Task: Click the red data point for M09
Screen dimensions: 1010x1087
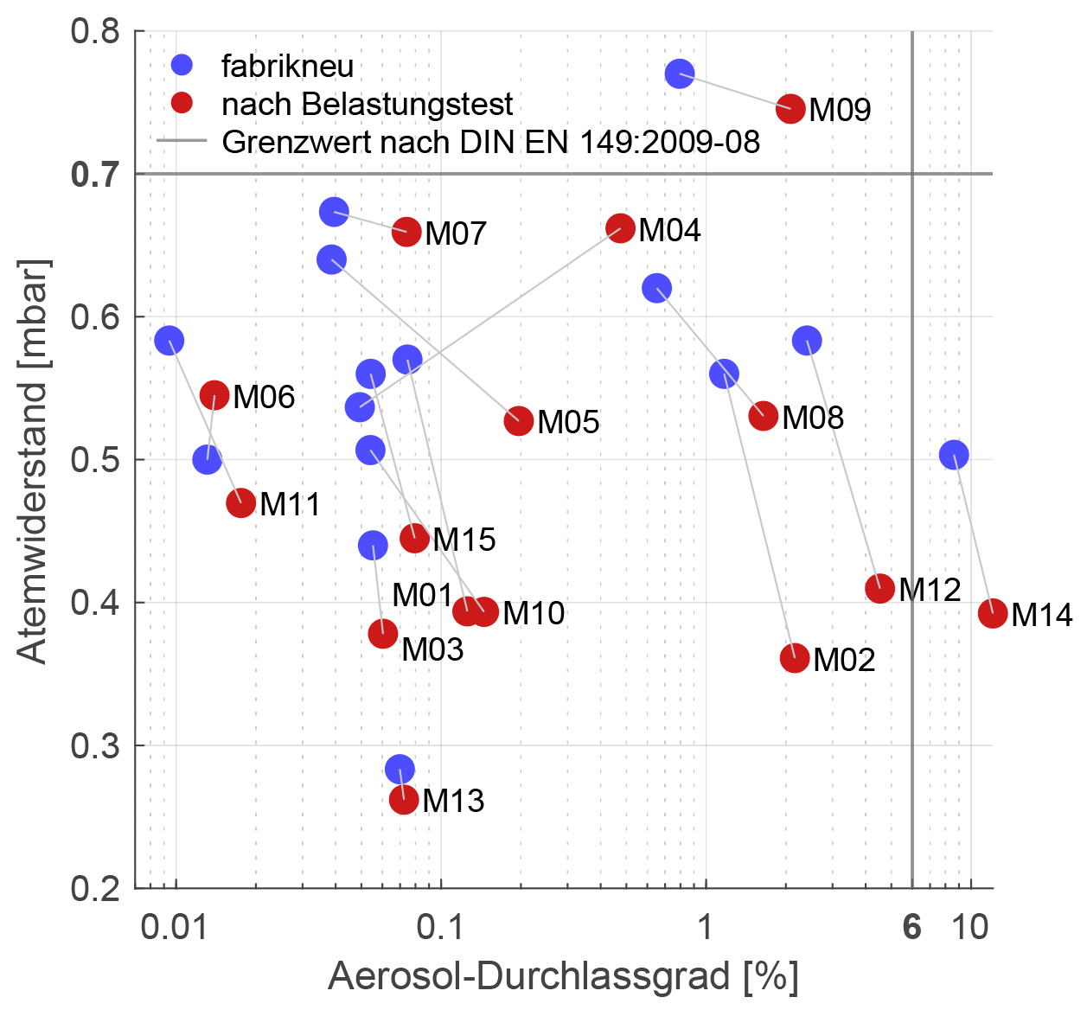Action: (x=790, y=109)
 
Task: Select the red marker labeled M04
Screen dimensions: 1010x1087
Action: (x=620, y=228)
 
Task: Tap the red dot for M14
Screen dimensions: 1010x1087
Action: (x=993, y=613)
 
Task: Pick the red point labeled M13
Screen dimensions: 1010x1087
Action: (x=404, y=799)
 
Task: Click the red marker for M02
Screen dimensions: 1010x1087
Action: (x=795, y=658)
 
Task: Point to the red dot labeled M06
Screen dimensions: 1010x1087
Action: (x=214, y=395)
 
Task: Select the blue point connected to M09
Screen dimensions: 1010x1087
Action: (x=680, y=74)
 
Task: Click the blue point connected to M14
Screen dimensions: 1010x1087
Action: (x=954, y=454)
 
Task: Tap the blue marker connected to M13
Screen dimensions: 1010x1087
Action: (x=400, y=769)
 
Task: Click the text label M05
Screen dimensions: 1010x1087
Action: (x=568, y=423)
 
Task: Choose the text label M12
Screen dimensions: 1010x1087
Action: (x=930, y=591)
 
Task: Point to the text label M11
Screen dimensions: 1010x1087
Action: (x=290, y=505)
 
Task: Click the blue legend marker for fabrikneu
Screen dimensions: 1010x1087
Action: (x=182, y=65)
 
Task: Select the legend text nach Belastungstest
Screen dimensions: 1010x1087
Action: (x=367, y=105)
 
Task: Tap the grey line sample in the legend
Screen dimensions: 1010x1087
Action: (x=182, y=141)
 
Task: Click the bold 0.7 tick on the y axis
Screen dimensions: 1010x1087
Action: (x=94, y=175)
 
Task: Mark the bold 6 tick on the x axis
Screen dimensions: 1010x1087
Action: (x=911, y=928)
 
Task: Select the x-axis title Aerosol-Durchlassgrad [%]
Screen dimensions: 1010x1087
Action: (x=563, y=977)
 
